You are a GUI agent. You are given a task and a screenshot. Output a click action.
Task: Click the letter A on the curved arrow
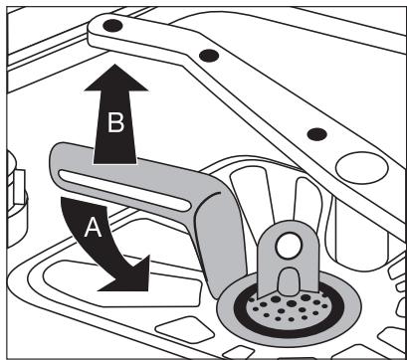[93, 229]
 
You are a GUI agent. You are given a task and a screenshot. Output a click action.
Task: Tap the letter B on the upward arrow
[115, 122]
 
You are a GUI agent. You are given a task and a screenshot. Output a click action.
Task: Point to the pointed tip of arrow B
[115, 65]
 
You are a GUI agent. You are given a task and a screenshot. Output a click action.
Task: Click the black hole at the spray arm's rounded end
[112, 26]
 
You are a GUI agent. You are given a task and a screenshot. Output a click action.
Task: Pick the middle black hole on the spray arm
[209, 56]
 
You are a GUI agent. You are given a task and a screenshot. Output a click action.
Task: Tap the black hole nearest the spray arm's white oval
[317, 134]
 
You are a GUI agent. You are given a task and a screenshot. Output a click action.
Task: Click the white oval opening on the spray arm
[362, 168]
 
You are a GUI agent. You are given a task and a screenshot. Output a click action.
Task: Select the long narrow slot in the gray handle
[124, 190]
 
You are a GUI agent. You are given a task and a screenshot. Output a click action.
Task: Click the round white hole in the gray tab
[289, 246]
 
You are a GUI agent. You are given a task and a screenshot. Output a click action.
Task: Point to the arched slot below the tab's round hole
[289, 281]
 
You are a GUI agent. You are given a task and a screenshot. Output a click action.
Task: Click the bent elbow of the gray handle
[216, 199]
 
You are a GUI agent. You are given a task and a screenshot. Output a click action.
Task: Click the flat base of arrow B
[115, 163]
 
